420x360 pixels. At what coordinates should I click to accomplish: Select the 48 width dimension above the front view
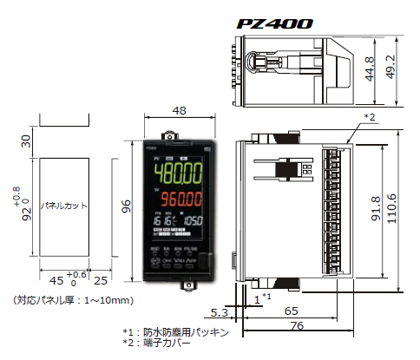coord(180,111)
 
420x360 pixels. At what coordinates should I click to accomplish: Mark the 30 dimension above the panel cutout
coord(25,142)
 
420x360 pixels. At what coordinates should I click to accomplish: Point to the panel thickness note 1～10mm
coord(74,300)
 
